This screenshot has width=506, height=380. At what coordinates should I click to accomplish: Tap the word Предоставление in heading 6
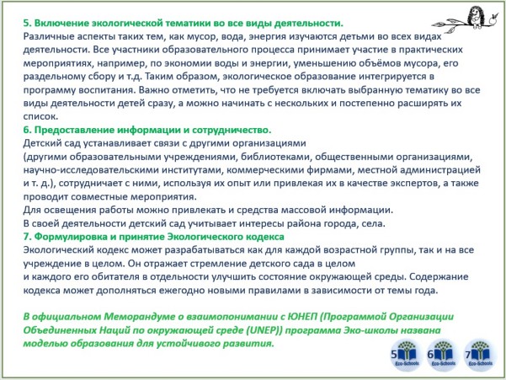tap(74, 130)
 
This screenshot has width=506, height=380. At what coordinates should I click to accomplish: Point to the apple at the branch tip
tap(493, 19)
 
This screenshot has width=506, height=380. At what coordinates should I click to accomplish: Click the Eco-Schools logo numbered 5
tap(406, 354)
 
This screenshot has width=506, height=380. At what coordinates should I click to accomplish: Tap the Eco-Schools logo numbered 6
tap(443, 354)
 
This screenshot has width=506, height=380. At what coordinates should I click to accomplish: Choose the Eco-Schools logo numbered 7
tap(480, 354)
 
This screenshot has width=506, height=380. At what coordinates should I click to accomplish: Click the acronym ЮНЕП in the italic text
tap(302, 317)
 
